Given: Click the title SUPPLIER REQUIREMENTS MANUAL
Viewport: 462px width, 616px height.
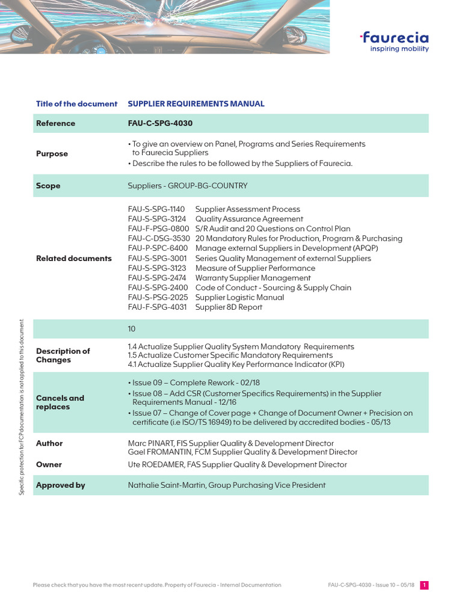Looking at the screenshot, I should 196,103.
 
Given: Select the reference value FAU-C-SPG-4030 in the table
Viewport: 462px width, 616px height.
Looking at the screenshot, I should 160,123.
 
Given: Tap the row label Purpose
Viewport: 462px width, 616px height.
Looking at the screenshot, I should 52,154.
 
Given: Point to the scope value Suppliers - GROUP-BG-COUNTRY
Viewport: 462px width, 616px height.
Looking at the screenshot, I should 188,186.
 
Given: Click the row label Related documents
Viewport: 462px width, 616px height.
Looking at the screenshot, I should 74,259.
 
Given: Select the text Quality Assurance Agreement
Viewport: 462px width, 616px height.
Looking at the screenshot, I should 249,219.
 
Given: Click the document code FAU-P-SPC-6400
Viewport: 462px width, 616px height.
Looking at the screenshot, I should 158,248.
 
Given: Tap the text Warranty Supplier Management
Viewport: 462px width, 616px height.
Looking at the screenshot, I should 253,278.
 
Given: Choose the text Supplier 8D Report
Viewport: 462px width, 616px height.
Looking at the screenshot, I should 229,307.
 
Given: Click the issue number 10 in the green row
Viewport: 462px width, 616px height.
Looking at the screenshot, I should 132,329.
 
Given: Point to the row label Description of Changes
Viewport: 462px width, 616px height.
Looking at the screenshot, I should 63,356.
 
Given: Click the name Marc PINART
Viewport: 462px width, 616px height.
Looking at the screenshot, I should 153,443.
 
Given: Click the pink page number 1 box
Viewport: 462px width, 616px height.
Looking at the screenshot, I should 424,585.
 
